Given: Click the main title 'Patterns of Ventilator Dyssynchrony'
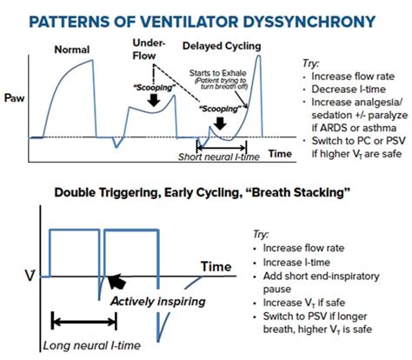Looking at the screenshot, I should (x=206, y=18).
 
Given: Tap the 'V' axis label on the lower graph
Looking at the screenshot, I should (x=31, y=277).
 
